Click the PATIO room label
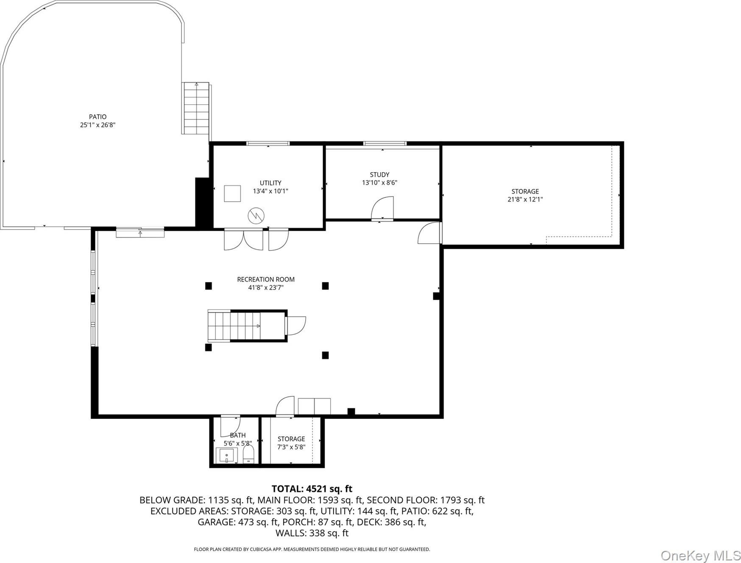click(x=97, y=117)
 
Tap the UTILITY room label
click(x=270, y=183)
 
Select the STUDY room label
click(x=379, y=175)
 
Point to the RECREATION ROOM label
click(x=266, y=279)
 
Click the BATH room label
click(x=238, y=435)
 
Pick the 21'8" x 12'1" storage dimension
click(x=525, y=199)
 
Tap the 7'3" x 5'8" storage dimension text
click(x=291, y=447)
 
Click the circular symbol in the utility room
click(x=256, y=216)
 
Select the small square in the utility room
click(x=232, y=193)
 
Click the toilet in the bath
click(x=248, y=454)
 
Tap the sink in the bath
click(x=226, y=456)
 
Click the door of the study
click(x=382, y=208)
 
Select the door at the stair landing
click(x=296, y=326)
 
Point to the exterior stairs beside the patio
click(x=196, y=108)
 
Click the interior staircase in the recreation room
click(x=247, y=326)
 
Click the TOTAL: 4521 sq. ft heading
click(x=312, y=489)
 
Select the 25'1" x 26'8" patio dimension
click(x=98, y=125)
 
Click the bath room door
click(x=231, y=426)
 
